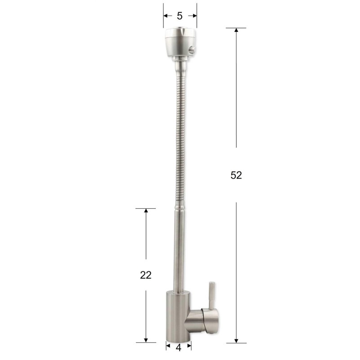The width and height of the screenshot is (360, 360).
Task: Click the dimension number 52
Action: pyautogui.click(x=236, y=175)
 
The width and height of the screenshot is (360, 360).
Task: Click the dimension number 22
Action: pyautogui.click(x=146, y=275)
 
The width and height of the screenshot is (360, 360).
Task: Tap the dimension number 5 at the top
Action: pyautogui.click(x=180, y=16)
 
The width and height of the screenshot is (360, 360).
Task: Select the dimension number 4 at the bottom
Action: pyautogui.click(x=178, y=348)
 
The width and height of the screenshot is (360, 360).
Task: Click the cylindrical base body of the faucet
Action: pyautogui.click(x=178, y=316)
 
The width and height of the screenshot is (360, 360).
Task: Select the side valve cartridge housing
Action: pyautogui.click(x=202, y=320)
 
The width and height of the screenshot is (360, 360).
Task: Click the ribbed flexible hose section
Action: pyautogui.click(x=180, y=138)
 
